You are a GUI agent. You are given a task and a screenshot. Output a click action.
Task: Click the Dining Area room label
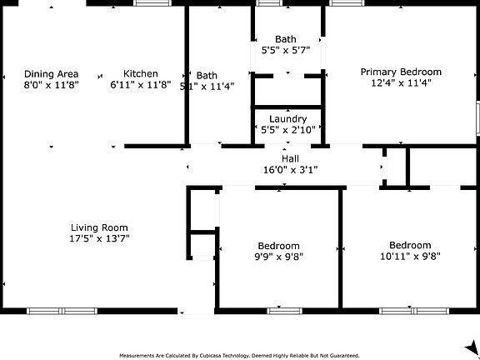[x=51, y=73]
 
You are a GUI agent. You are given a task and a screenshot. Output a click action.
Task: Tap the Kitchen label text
[x=140, y=73]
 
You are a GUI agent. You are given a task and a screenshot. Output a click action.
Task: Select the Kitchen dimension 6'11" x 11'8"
[x=140, y=84]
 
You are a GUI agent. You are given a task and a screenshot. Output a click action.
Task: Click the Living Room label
[x=98, y=227]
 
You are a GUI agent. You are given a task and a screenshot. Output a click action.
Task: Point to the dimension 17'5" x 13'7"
[x=98, y=238]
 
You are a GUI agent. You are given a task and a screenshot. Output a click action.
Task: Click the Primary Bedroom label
[x=401, y=72]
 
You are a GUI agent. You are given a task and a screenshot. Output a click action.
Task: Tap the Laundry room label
[x=287, y=119]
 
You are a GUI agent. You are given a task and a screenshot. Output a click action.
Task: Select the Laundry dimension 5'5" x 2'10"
[x=287, y=130]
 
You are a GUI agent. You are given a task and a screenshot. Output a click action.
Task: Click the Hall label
[x=290, y=158]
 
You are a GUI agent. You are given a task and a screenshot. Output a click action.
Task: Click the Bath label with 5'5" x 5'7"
[x=286, y=39]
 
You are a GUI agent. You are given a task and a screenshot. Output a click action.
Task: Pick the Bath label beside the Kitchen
[x=207, y=75]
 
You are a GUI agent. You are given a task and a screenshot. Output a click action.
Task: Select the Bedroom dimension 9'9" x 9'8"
[x=278, y=257]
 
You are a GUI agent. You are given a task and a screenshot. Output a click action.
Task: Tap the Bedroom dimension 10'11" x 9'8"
[x=410, y=257]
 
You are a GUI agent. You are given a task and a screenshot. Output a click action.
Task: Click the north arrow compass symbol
[x=471, y=345]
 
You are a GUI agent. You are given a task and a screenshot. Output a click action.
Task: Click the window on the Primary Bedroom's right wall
[x=477, y=117]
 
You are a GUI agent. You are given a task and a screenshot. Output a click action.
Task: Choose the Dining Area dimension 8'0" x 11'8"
[x=51, y=84]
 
